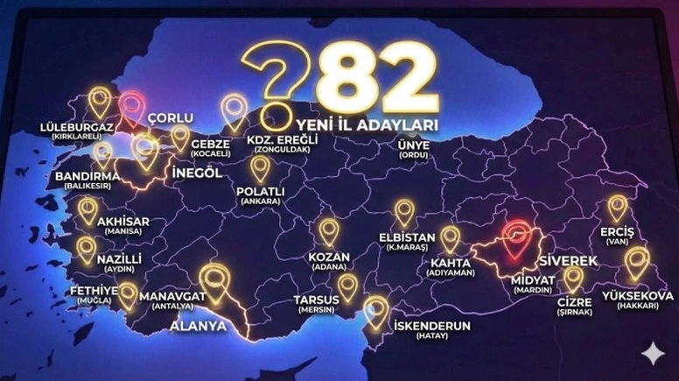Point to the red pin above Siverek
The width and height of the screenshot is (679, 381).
point(517,238)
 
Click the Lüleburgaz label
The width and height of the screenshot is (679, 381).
point(77,131)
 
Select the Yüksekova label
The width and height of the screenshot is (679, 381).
point(638,299)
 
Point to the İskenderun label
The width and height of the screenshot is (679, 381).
point(432,329)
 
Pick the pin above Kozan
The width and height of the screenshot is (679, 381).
point(328,231)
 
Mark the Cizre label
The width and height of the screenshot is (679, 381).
point(574,305)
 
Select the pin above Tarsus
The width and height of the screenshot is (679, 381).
point(347,286)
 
